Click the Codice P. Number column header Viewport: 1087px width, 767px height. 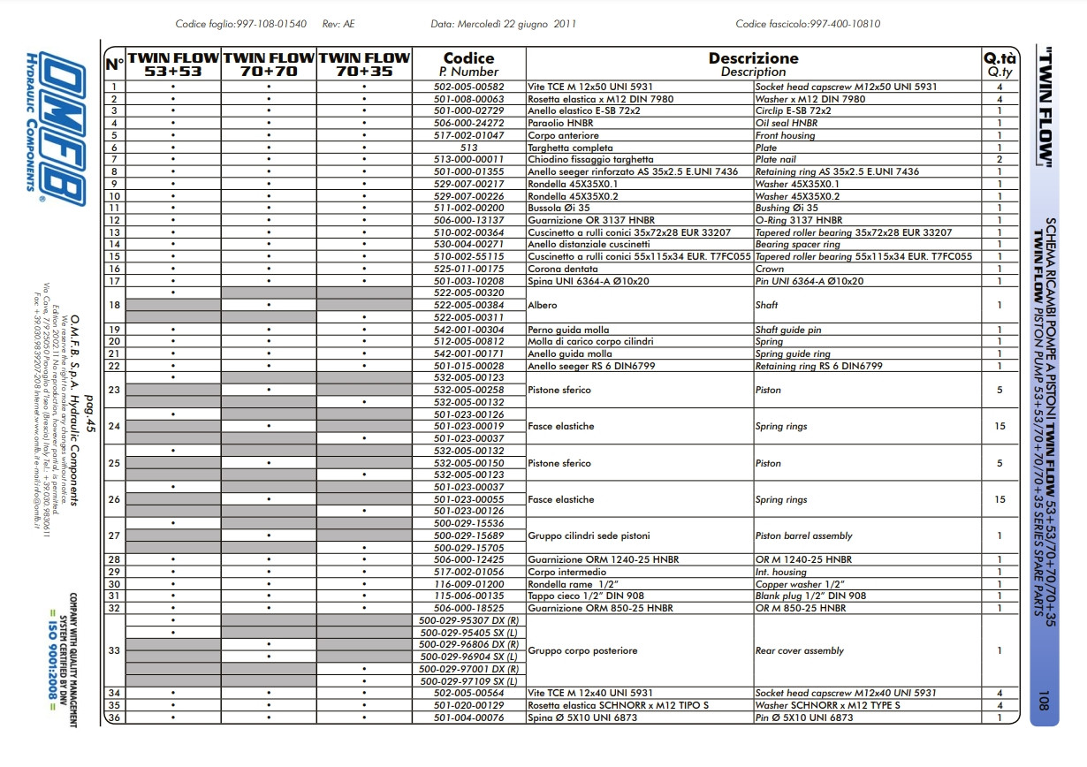pyautogui.click(x=468, y=65)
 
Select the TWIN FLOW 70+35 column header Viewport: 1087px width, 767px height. pyautogui.click(x=364, y=65)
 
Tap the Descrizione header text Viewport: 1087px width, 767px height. pyautogui.click(x=753, y=58)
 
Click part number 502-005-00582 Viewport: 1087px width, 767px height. pyautogui.click(x=468, y=87)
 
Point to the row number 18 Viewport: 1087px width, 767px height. pyautogui.click(x=114, y=305)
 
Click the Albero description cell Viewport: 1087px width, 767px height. pyautogui.click(x=543, y=305)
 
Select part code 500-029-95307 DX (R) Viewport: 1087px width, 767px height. pyautogui.click(x=468, y=620)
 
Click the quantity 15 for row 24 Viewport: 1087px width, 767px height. pyautogui.click(x=1000, y=427)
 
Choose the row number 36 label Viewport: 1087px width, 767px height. pyautogui.click(x=114, y=718)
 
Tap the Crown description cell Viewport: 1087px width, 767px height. pyautogui.click(x=770, y=269)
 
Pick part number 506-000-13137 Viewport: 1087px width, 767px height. pyautogui.click(x=468, y=220)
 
